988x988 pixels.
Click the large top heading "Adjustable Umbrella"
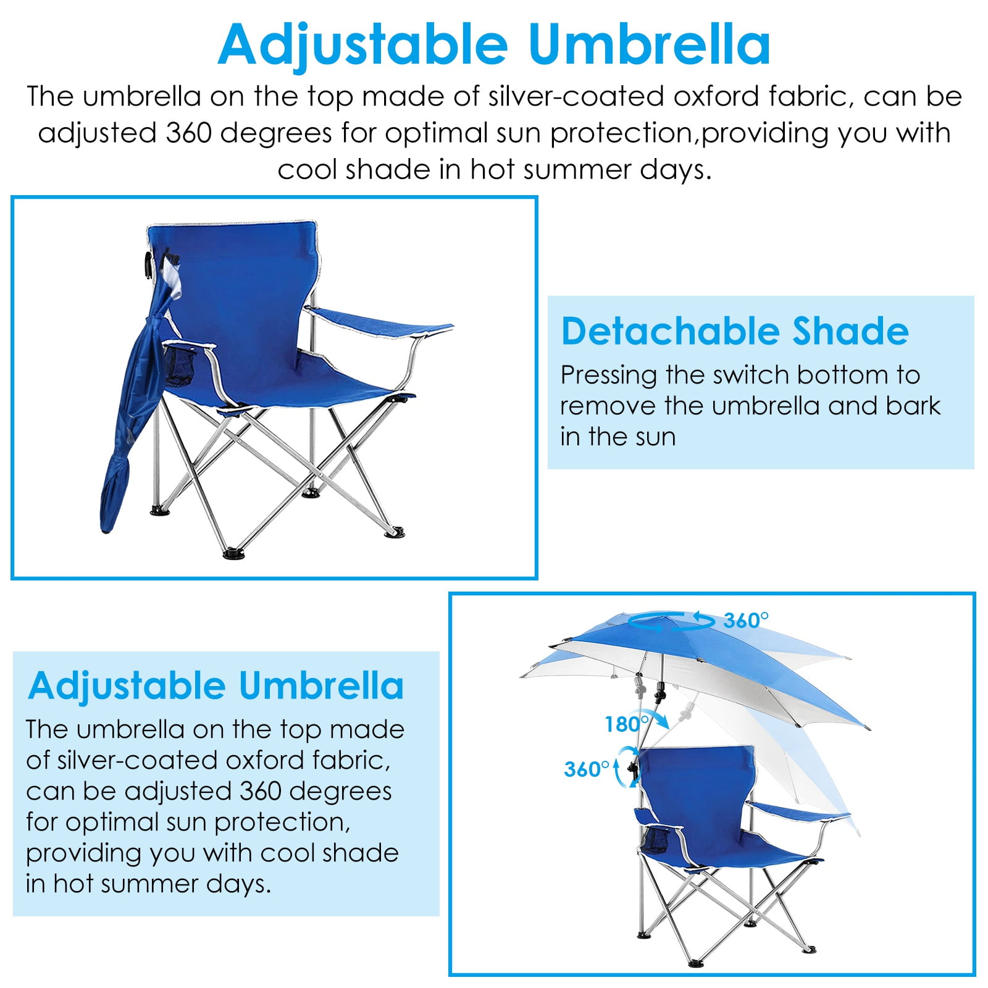(494, 45)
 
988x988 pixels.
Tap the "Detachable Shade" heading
(735, 332)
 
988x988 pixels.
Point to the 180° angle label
(627, 724)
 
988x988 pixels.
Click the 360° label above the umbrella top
(746, 620)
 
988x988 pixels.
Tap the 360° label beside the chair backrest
(587, 769)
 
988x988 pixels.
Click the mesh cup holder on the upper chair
(180, 365)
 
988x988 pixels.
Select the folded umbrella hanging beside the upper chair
(136, 395)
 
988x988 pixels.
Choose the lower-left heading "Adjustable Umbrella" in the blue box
(216, 685)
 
